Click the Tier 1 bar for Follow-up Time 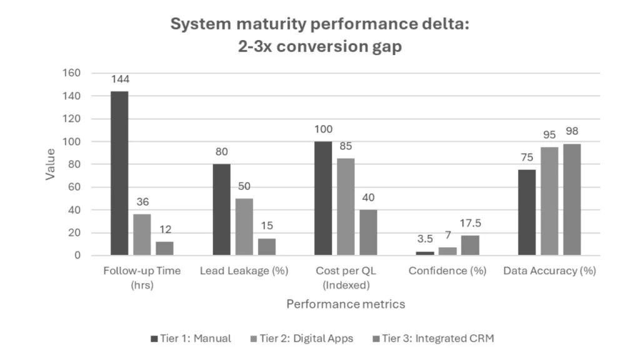click(x=119, y=173)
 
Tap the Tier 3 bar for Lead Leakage click(x=267, y=246)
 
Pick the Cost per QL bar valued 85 click(x=346, y=207)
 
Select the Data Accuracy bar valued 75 click(x=527, y=212)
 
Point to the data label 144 click(x=119, y=79)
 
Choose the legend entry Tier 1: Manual click(x=191, y=338)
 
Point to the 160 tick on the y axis click(x=72, y=73)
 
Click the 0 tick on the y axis click(x=77, y=256)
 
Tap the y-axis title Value click(x=50, y=164)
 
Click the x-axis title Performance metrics click(x=346, y=304)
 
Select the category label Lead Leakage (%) click(x=244, y=271)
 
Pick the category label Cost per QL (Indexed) click(x=346, y=277)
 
